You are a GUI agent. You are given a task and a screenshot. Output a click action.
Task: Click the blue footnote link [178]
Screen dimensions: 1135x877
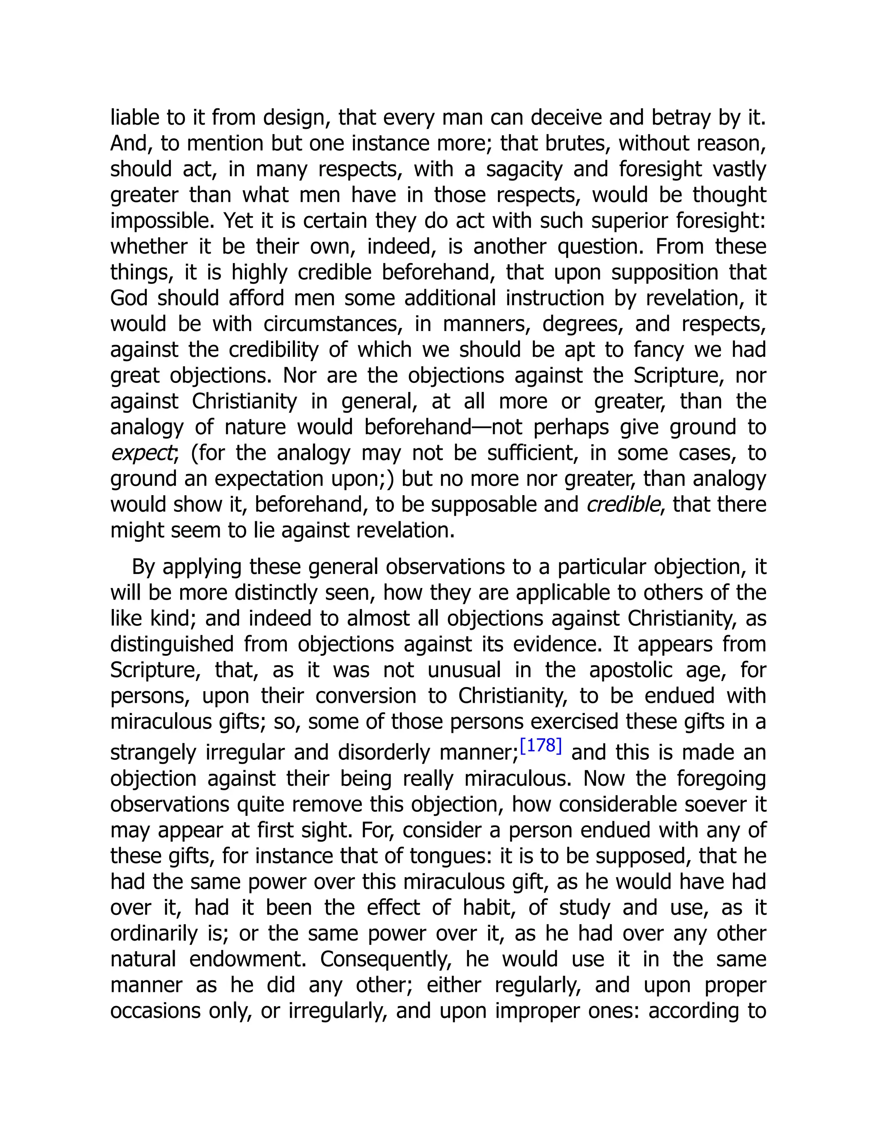coord(540,746)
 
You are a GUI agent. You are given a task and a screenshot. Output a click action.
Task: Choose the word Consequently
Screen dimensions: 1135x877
coord(386,959)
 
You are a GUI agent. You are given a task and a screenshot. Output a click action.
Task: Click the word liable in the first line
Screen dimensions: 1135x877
coord(133,117)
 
